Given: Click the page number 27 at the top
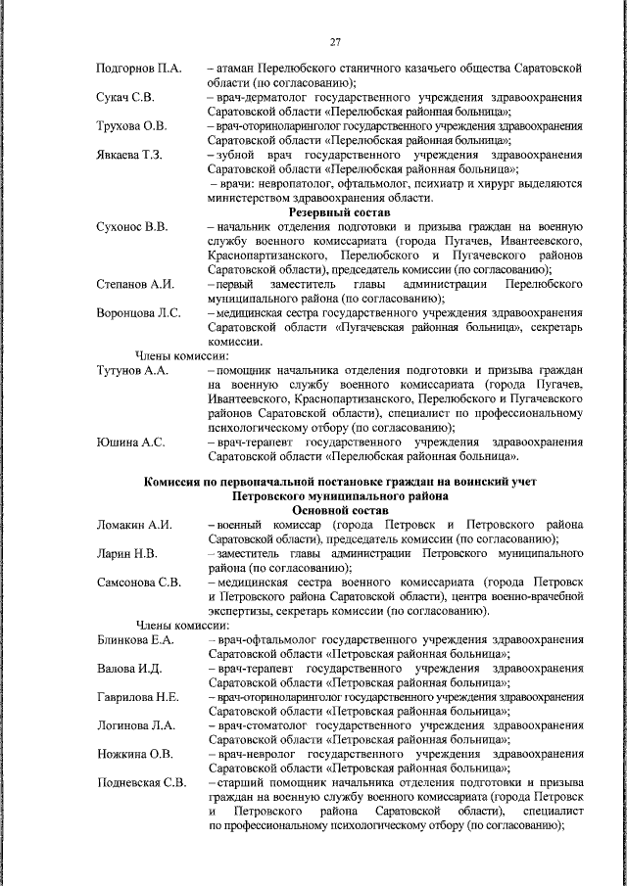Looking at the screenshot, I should coord(334,41).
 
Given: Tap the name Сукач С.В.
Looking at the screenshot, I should coord(123,98).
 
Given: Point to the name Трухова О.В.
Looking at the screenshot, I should coord(131,126).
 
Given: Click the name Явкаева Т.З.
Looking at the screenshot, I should coord(129,155).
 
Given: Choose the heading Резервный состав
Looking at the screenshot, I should coord(338,212).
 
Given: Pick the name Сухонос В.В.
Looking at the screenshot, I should coord(131,227).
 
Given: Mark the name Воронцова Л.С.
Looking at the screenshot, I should coord(138,312).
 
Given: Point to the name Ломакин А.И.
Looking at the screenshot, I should coord(134,525).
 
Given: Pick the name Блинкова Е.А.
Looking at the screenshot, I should coord(135,640).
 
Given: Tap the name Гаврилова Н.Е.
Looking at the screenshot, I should coord(136,697).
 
